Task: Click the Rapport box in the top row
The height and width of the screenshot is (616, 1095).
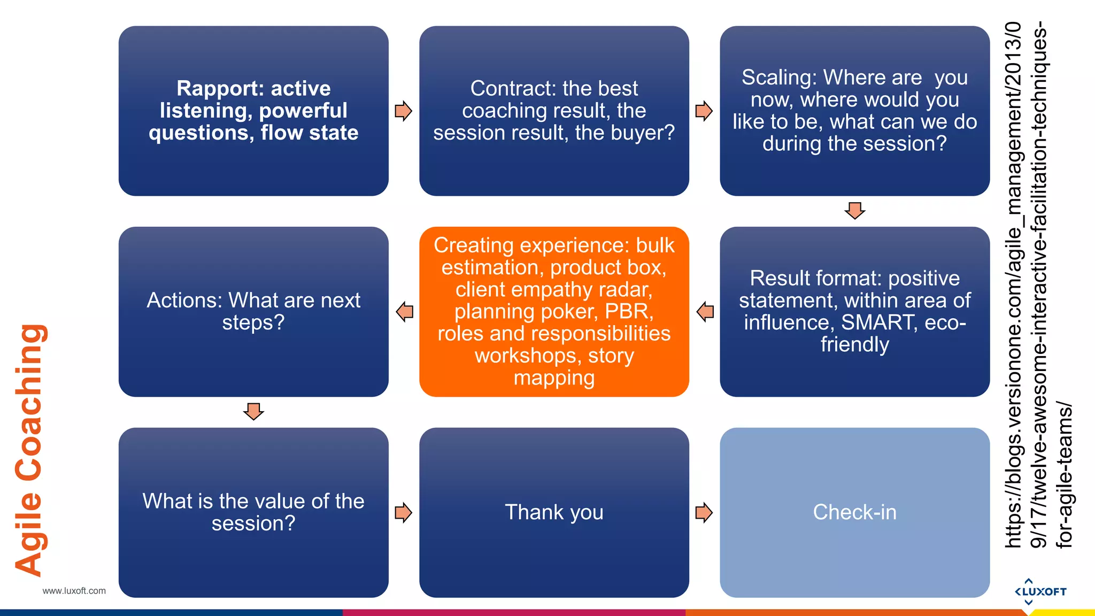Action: [253, 111]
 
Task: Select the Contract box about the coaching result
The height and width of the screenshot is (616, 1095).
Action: [554, 111]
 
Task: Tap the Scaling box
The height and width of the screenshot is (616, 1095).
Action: [854, 111]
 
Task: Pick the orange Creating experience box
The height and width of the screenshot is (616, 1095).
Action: [554, 311]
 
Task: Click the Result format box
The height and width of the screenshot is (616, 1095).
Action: [854, 311]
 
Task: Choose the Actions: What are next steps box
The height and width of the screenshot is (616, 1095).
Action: [253, 311]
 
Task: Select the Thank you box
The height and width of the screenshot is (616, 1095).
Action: [554, 512]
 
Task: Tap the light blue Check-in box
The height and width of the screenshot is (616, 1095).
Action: [854, 512]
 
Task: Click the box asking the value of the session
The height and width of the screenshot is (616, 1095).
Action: [253, 512]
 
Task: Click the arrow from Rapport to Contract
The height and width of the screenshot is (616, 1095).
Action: [403, 111]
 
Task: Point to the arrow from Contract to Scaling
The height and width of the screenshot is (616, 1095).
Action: [704, 111]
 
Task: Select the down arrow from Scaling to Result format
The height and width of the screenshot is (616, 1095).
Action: [855, 210]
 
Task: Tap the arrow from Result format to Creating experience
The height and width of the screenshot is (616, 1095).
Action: [705, 311]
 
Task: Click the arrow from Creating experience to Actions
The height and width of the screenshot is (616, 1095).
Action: [405, 311]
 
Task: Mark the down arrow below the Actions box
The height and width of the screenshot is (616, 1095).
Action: [253, 411]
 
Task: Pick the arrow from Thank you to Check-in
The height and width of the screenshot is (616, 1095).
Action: [704, 512]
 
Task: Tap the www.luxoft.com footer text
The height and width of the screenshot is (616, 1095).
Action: [74, 591]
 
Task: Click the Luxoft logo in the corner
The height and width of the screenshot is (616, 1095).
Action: [1040, 591]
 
